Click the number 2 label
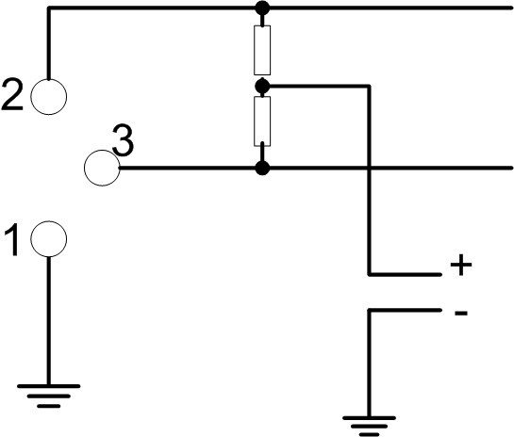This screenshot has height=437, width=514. click(x=12, y=95)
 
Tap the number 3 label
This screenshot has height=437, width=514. click(x=123, y=140)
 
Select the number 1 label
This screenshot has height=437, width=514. click(x=12, y=239)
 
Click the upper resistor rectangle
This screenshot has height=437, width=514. click(x=255, y=50)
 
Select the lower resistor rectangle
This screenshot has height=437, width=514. click(x=255, y=121)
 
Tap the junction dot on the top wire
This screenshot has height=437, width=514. click(x=262, y=8)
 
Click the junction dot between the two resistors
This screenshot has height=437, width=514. click(x=262, y=87)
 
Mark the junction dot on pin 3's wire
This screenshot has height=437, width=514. click(x=262, y=168)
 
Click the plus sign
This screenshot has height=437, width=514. click(x=461, y=265)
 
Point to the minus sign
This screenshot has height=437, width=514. click(x=461, y=314)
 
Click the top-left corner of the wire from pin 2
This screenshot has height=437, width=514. click(x=48, y=8)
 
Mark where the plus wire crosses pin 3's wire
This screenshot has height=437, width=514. click(x=369, y=168)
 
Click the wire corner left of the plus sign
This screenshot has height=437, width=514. click(x=369, y=274)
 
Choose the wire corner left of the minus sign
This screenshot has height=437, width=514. click(x=369, y=310)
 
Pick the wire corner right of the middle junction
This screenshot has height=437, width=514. click(x=369, y=87)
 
